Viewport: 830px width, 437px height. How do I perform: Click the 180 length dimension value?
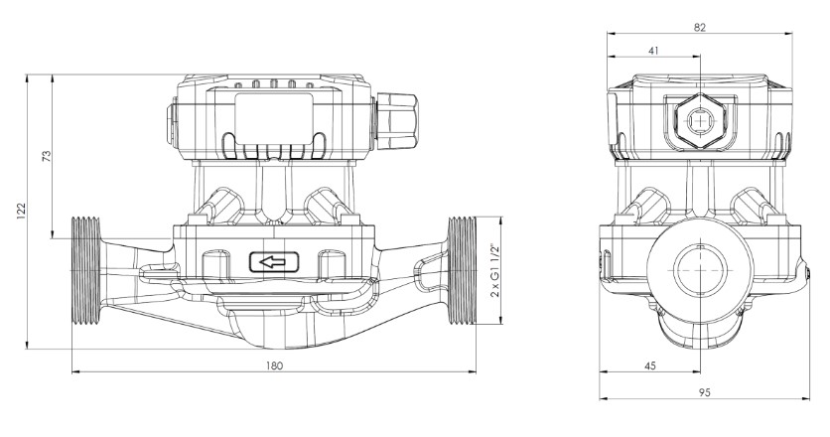tap(275, 364)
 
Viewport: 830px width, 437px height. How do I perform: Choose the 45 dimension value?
tap(650, 365)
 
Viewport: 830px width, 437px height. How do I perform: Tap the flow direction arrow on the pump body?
tap(275, 263)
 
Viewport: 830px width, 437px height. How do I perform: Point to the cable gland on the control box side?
tap(397, 119)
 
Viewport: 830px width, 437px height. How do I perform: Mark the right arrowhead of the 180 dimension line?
tap(473, 373)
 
